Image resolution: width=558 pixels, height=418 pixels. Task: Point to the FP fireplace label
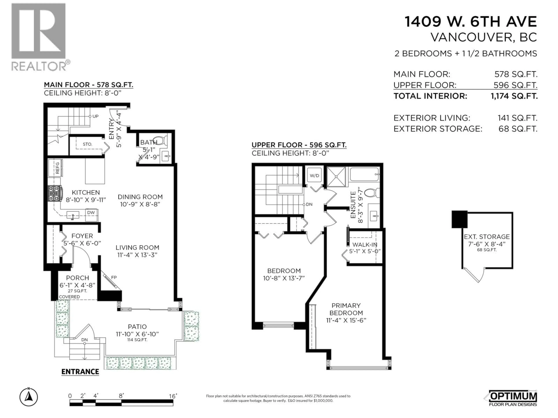(114, 277)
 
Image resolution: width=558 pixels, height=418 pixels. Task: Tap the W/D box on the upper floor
(314, 176)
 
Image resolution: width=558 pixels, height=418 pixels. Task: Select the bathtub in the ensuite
(364, 174)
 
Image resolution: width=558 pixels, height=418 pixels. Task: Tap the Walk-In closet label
(365, 244)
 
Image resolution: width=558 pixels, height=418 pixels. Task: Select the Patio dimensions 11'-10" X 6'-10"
(137, 334)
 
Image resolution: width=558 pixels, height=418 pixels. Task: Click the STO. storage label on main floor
(87, 144)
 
